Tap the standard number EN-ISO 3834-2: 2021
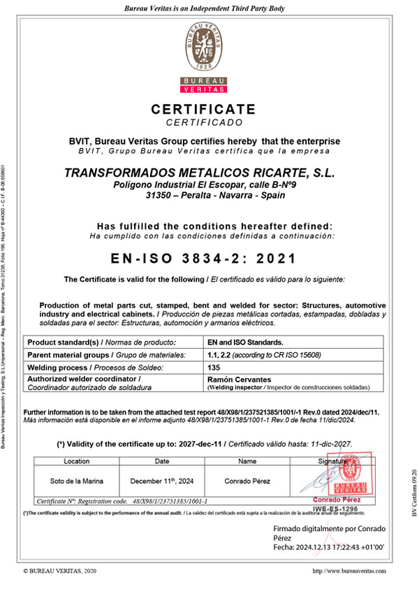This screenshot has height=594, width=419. [204, 258]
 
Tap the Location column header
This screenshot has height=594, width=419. [76, 461]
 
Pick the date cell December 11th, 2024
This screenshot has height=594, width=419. [161, 481]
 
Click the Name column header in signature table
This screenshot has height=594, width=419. [247, 461]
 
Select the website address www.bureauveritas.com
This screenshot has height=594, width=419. [349, 571]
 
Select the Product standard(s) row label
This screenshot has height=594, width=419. [101, 342]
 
